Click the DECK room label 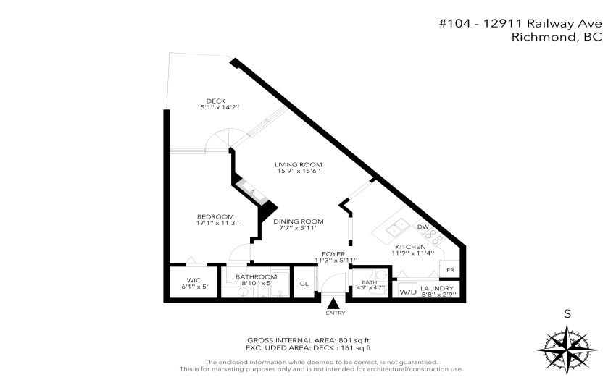click(216, 101)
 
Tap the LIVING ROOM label click(298, 164)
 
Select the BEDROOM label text click(215, 216)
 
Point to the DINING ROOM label click(299, 221)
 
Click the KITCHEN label click(410, 247)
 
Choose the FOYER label click(333, 254)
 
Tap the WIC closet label click(193, 280)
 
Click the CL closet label click(304, 284)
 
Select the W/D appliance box click(407, 292)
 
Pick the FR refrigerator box click(450, 269)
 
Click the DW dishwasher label click(423, 227)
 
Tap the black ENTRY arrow click(333, 303)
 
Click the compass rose click(567, 349)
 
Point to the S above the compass click(567, 313)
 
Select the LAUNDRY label click(437, 288)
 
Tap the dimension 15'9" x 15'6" click(298, 171)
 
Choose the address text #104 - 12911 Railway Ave click(520, 24)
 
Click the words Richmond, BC click(557, 37)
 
